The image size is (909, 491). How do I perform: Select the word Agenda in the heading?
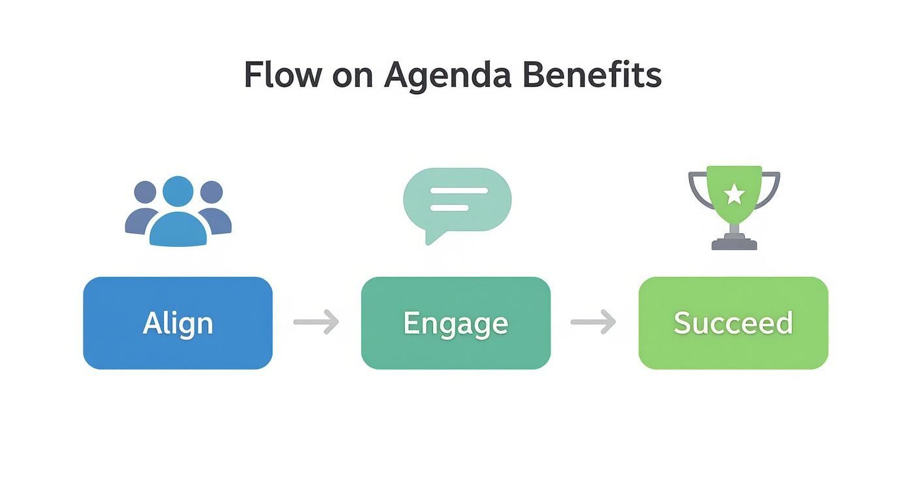click(447, 76)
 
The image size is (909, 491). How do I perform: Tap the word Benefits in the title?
click(592, 75)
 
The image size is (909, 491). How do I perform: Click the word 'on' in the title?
click(352, 76)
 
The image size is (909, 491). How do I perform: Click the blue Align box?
click(178, 323)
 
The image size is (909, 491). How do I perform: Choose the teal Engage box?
click(455, 323)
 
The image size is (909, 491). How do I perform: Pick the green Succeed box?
click(733, 323)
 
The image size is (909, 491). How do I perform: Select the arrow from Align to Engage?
click(316, 322)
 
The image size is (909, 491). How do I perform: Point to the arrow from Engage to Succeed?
click(594, 322)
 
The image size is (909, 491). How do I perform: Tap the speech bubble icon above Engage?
click(456, 201)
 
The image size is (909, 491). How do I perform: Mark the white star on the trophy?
click(735, 193)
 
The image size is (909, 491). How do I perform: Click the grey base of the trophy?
click(734, 244)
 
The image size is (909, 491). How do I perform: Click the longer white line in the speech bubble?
click(458, 191)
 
